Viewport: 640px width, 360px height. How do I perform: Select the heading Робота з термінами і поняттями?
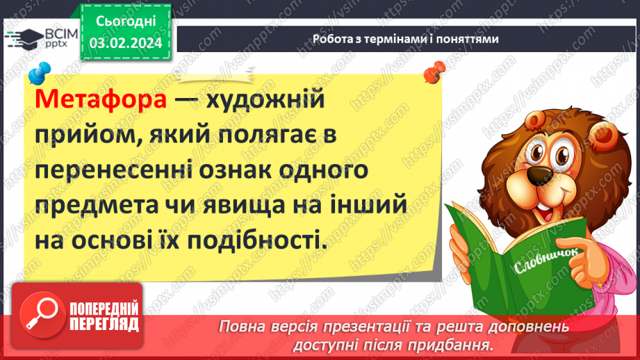coord(405,39)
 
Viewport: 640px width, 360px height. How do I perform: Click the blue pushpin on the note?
coord(42,71)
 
